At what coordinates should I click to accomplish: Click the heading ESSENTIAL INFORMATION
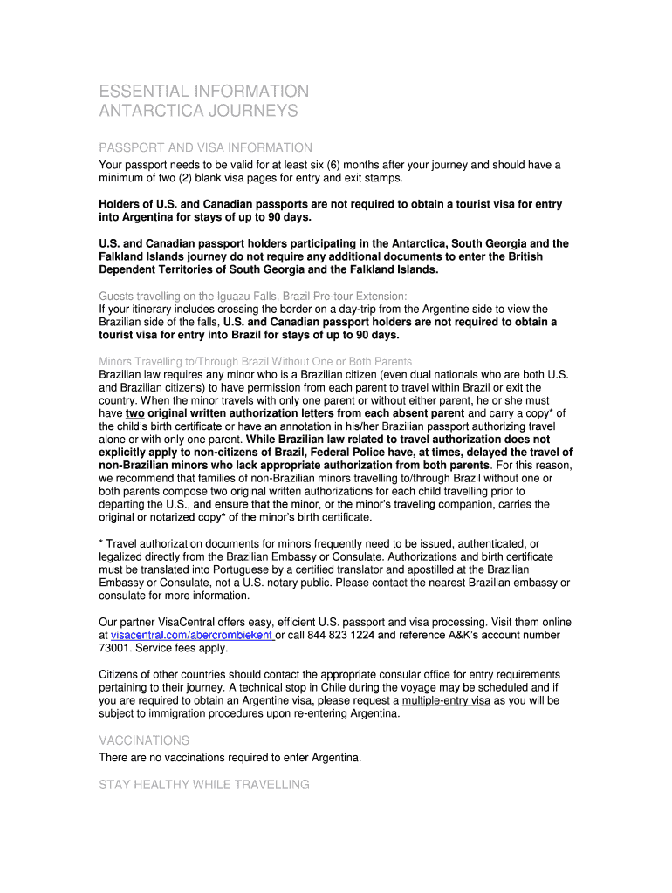[x=203, y=92]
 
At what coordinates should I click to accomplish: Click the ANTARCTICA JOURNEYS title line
[x=198, y=112]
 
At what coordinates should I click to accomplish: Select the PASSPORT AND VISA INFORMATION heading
[x=205, y=148]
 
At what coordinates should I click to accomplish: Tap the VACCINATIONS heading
[x=144, y=740]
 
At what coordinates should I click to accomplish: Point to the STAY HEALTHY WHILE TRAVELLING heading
[x=203, y=785]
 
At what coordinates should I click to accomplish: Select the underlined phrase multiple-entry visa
[x=446, y=700]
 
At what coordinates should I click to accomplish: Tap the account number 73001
[x=115, y=649]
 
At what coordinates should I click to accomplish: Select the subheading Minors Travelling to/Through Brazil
[x=256, y=361]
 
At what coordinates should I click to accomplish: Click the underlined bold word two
[x=134, y=413]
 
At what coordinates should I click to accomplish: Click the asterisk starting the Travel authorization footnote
[x=101, y=544]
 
